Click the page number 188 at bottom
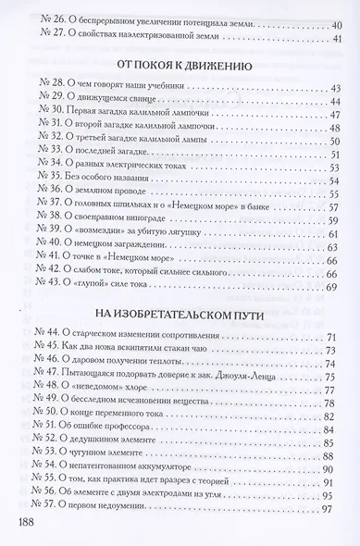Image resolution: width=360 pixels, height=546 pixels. click(26, 524)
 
